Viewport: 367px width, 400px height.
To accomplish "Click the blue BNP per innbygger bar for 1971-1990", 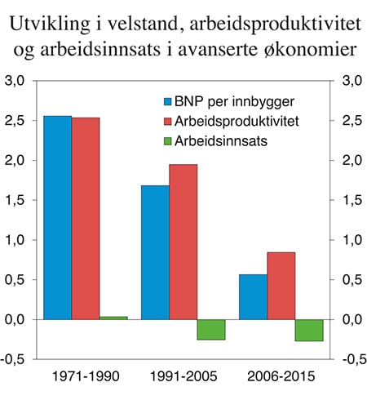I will click(x=57, y=217).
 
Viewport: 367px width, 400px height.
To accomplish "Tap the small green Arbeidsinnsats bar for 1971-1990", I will click(x=113, y=318).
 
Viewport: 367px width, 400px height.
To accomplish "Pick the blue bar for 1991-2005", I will click(x=155, y=252).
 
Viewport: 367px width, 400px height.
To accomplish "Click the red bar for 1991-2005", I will click(x=183, y=242).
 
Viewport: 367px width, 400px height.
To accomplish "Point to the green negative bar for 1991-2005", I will click(x=210, y=329).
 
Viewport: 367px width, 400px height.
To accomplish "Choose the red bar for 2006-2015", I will click(x=281, y=286).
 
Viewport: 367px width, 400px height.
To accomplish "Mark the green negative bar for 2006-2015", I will click(x=309, y=330).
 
